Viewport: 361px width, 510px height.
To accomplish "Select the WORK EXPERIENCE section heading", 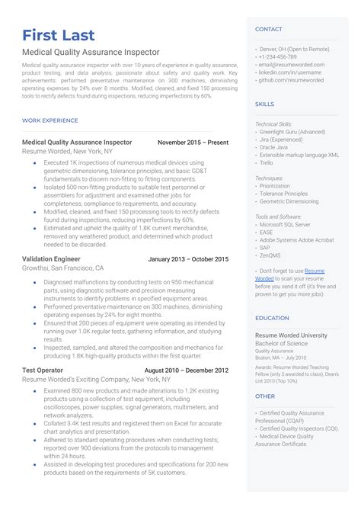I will pyautogui.click(x=50, y=120).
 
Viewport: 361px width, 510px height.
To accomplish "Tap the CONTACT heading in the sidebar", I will pyautogui.click(x=269, y=29).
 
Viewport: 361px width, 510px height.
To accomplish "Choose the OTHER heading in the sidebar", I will pyautogui.click(x=265, y=396).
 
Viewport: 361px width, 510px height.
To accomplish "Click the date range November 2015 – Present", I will pyautogui.click(x=193, y=143).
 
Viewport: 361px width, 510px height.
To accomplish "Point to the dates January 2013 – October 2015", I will pyautogui.click(x=188, y=259).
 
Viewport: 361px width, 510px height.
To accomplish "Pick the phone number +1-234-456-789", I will pyautogui.click(x=279, y=57).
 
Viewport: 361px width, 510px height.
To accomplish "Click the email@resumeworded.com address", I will pyautogui.click(x=292, y=65).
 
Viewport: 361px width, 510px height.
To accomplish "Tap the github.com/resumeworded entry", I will pyautogui.click(x=292, y=79).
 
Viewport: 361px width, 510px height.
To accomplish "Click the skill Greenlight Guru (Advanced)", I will pyautogui.click(x=293, y=132).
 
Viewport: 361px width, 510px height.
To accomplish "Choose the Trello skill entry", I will pyautogui.click(x=267, y=162).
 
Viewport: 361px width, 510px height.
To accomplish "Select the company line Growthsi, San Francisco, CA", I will pyautogui.click(x=63, y=268).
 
